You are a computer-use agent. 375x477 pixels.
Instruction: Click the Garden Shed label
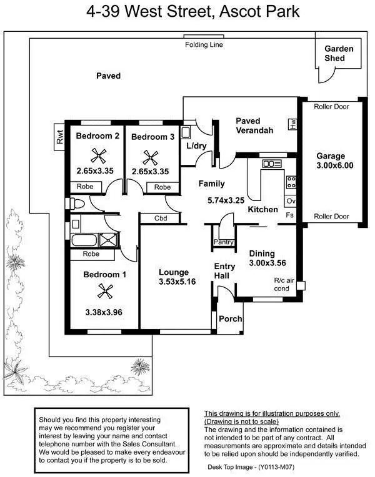point(339,54)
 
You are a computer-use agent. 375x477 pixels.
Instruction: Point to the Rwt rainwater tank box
point(60,137)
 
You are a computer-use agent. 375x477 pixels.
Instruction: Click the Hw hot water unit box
point(292,124)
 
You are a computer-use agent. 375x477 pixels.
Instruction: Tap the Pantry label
point(224,242)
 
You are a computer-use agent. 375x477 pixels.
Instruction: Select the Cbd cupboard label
point(161,219)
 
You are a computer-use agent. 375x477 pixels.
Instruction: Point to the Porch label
point(231,319)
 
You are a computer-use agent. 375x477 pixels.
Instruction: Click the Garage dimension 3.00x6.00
point(334,165)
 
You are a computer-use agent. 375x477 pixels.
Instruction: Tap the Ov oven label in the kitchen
point(290,201)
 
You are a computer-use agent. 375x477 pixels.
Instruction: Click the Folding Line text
point(204,45)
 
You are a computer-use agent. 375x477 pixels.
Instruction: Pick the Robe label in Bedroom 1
point(91,254)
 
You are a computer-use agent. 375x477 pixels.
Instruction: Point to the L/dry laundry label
point(196,145)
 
